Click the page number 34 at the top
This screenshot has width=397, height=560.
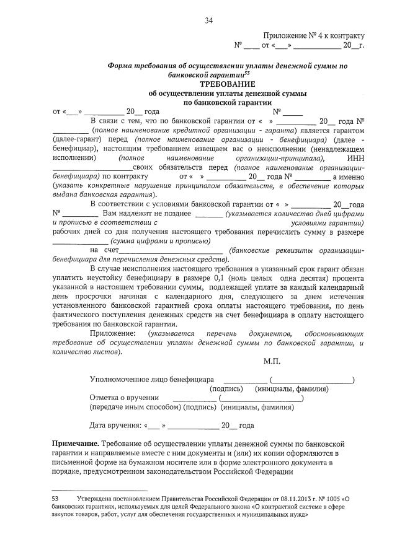(x=209, y=20)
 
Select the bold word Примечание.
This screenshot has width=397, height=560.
(x=74, y=445)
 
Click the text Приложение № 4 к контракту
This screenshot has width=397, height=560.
(x=314, y=36)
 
